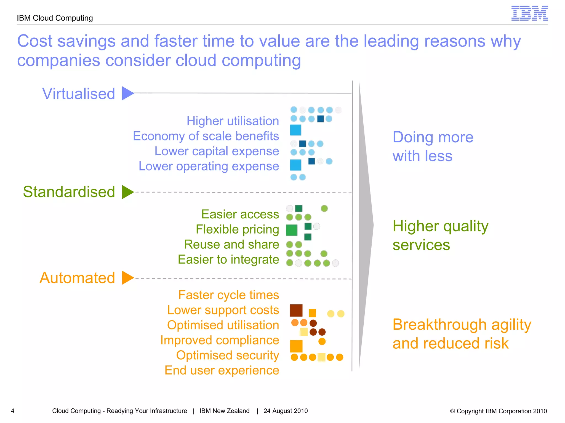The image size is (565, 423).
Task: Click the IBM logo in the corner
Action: point(529,13)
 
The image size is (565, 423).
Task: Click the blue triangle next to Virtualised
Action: point(127,93)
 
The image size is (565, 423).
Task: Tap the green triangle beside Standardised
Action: point(127,192)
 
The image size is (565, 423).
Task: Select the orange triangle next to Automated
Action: point(127,278)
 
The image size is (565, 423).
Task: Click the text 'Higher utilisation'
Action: point(233,121)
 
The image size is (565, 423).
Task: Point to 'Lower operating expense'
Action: point(209,166)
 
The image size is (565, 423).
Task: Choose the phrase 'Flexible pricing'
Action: point(237,229)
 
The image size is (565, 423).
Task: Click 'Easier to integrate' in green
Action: point(228,259)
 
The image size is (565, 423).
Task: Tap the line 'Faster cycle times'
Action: point(228,295)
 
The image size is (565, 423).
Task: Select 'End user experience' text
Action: point(222,370)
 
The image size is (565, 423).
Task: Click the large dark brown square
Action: point(296,310)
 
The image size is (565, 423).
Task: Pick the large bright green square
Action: point(292,230)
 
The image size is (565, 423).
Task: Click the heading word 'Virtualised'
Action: point(78,94)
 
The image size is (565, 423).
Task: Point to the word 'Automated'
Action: point(77,278)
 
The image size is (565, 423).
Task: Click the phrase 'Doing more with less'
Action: point(433,147)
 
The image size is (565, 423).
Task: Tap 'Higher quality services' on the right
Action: point(440,235)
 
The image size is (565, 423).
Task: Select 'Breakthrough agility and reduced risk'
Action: point(461,334)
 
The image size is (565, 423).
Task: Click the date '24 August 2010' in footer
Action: point(285,411)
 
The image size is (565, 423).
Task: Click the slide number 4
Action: point(13,411)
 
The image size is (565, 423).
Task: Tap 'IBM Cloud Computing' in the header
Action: point(55,18)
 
